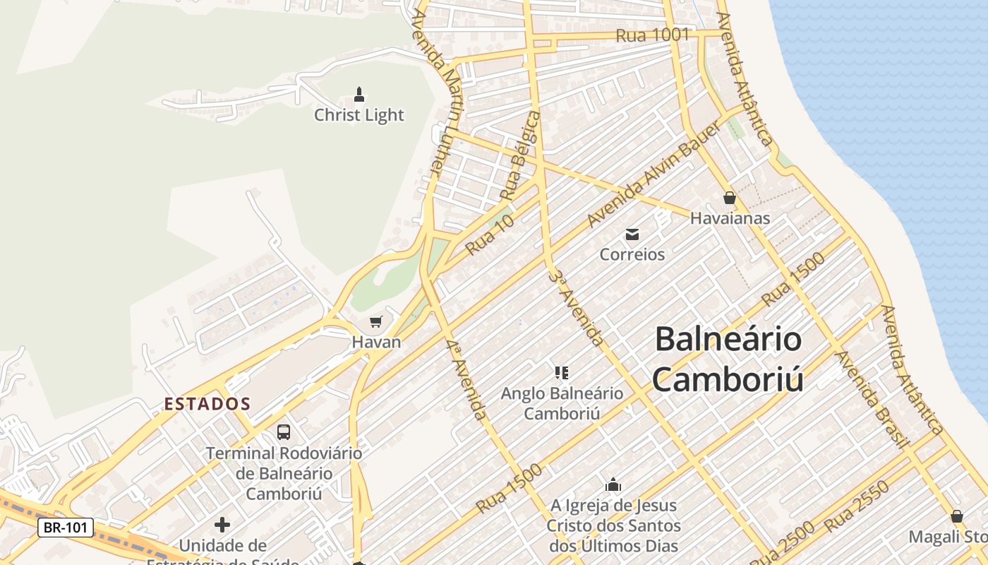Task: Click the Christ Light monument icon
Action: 359,95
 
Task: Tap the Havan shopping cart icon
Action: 376,322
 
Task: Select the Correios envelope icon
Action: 632,234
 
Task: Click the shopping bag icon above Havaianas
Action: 730,198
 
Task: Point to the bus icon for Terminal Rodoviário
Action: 284,432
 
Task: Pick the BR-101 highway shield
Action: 66,527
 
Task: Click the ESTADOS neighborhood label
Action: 207,404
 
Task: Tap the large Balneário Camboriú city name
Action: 728,359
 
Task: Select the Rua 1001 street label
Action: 652,35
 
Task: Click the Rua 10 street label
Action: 490,235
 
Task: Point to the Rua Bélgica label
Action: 520,155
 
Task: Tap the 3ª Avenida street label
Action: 577,308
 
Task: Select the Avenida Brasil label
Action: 872,399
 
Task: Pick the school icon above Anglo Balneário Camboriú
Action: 562,372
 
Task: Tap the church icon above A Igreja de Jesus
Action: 613,484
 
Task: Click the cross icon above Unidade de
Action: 222,525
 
